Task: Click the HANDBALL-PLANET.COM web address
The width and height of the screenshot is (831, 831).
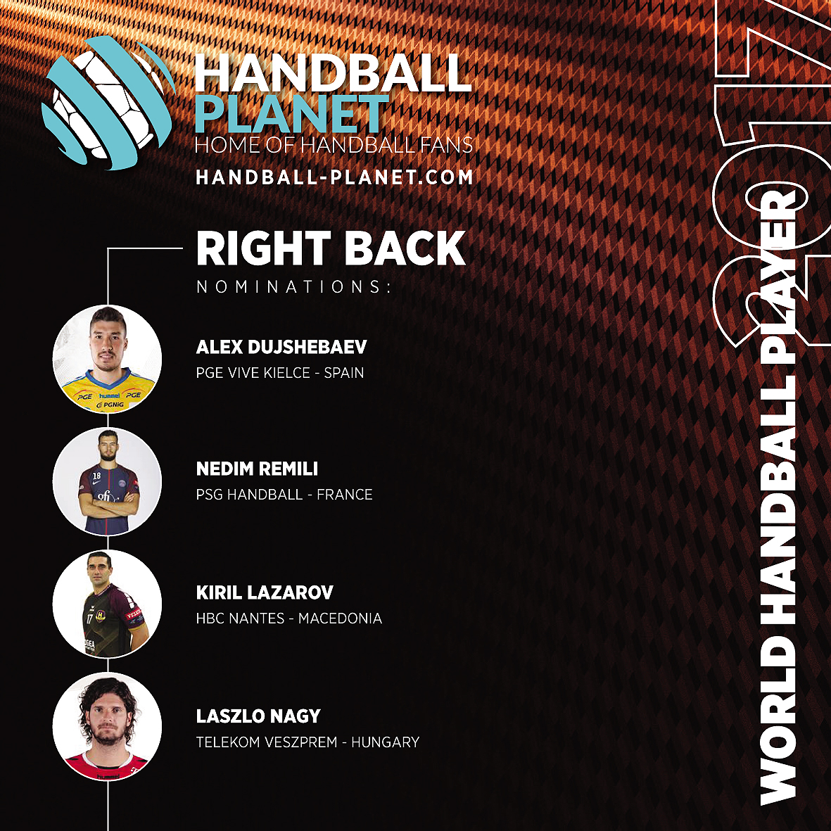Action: coord(334,177)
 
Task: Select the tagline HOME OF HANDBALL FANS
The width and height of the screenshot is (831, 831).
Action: coord(334,145)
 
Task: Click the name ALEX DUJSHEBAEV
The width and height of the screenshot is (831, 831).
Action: coord(281,347)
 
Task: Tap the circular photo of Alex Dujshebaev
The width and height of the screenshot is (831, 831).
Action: coord(107,359)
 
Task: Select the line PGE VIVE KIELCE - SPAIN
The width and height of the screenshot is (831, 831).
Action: coord(280,372)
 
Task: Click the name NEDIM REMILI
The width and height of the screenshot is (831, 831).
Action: coord(257,469)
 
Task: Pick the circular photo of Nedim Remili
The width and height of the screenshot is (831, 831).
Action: coord(107,481)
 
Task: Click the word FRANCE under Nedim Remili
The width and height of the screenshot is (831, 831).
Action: coord(345,495)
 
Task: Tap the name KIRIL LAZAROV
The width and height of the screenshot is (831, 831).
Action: coord(265,592)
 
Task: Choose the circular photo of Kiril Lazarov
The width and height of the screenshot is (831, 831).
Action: coord(107,604)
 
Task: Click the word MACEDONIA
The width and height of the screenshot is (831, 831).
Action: coord(341,618)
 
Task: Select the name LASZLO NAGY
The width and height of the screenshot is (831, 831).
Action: coord(258,716)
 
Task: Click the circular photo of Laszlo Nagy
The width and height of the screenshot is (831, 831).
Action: coord(107,727)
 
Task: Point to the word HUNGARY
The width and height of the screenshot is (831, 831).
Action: coord(386,742)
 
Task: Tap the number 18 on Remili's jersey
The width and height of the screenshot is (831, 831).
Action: coord(96,476)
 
